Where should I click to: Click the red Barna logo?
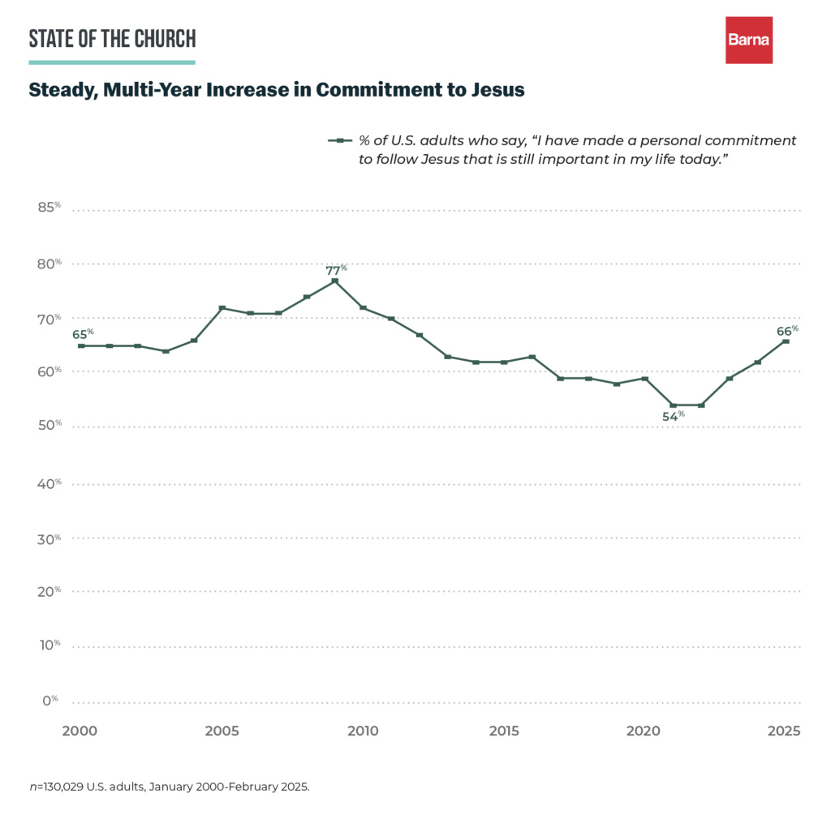tap(748, 40)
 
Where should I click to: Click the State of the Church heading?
tap(112, 38)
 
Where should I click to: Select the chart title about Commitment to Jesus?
tap(277, 90)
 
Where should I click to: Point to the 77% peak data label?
tap(336, 270)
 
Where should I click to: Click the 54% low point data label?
tap(674, 415)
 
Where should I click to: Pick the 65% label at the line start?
tap(83, 333)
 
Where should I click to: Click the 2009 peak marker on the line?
tap(334, 281)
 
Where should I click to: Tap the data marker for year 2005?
tap(222, 308)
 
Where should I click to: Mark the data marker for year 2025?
tap(786, 341)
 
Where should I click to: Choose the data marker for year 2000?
tap(80, 345)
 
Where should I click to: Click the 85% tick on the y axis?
tap(50, 208)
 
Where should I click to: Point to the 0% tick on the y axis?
tap(50, 700)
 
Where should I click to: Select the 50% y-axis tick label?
tap(50, 426)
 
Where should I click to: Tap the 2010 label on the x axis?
tap(363, 731)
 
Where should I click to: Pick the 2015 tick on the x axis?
tap(504, 731)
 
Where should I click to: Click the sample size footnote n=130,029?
tap(169, 787)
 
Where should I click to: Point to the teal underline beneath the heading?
tap(112, 62)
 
